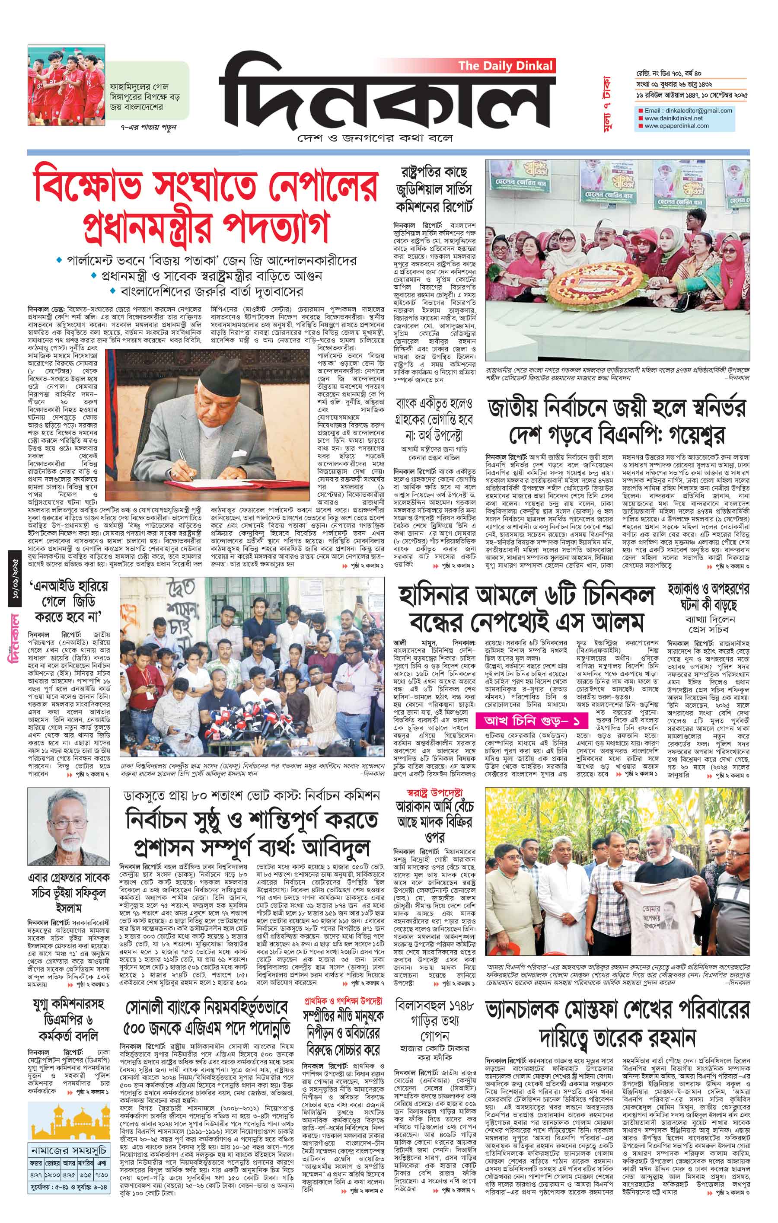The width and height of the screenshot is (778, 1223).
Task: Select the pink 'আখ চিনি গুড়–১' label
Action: point(529,721)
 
